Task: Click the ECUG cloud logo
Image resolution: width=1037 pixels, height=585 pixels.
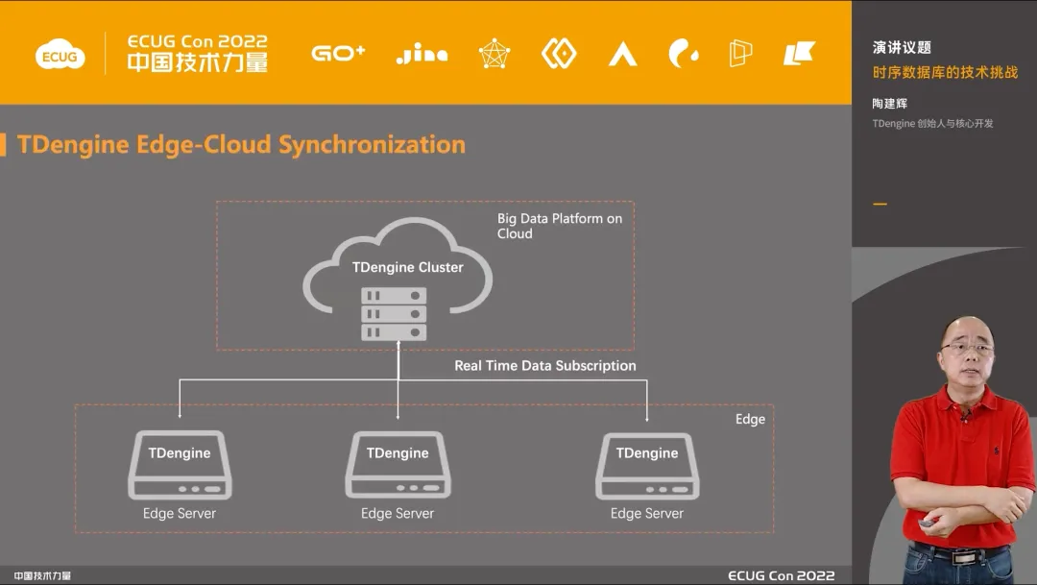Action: (60, 56)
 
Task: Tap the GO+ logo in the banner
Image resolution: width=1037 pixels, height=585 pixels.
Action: (338, 54)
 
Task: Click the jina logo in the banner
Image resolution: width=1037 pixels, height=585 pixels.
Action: (422, 54)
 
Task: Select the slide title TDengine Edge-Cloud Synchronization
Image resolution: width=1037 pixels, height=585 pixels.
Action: (241, 145)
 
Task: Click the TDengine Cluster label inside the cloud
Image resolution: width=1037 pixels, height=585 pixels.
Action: (407, 267)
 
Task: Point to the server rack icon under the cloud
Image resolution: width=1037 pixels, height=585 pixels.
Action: (394, 313)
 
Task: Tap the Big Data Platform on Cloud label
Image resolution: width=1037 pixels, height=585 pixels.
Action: (559, 226)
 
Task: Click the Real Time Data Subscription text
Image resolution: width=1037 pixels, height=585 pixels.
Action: (544, 365)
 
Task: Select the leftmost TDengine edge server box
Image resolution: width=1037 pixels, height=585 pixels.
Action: (180, 465)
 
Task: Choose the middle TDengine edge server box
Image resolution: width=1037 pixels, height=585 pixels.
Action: (398, 465)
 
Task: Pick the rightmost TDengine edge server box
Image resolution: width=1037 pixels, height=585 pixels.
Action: (647, 465)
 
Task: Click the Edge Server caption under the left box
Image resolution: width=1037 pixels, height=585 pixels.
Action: (180, 513)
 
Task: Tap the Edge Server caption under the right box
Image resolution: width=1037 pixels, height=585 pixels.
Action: (647, 513)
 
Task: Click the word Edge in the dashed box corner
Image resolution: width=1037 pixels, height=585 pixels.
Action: (750, 419)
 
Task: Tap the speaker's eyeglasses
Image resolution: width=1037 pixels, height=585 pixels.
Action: (967, 347)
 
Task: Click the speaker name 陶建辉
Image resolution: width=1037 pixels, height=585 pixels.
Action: (890, 103)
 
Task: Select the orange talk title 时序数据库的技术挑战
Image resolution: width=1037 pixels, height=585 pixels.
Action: (945, 73)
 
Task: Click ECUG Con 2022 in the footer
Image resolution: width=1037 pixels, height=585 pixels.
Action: (781, 575)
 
